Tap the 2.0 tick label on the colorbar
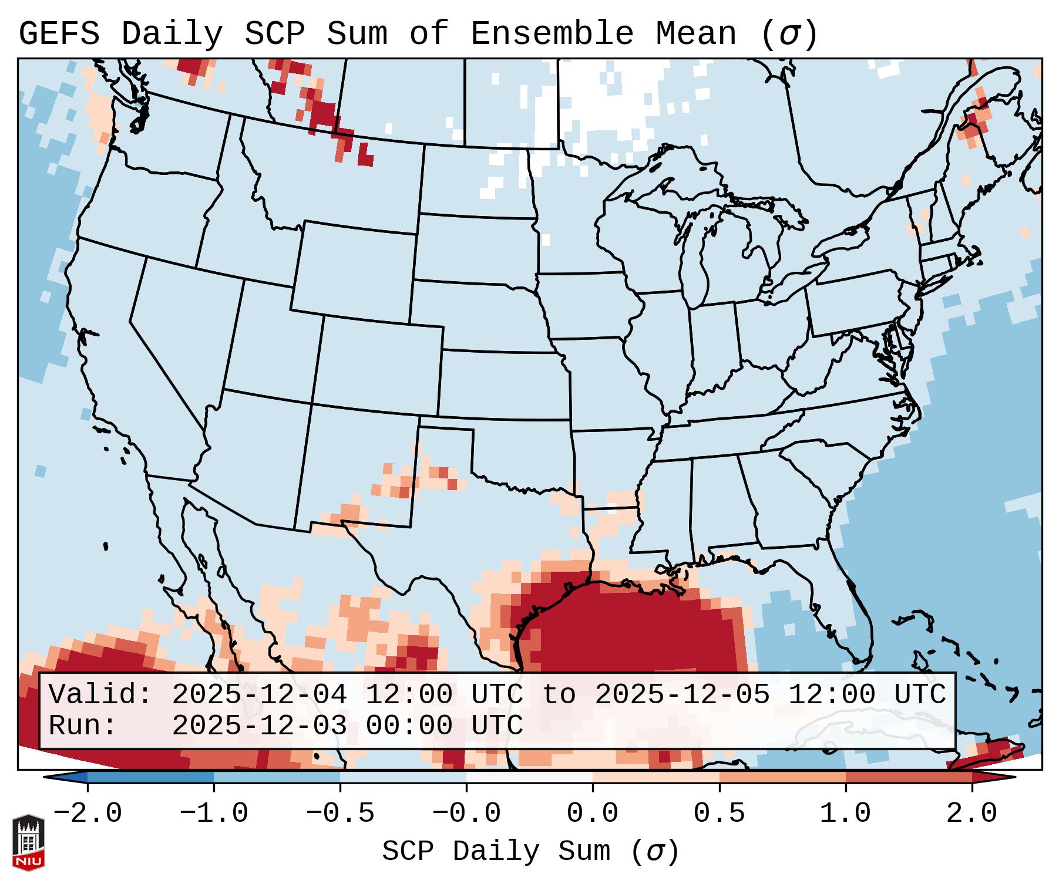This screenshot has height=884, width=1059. click(x=971, y=814)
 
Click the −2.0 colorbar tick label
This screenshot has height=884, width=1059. click(x=88, y=814)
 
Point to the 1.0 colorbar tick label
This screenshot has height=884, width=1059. click(x=845, y=814)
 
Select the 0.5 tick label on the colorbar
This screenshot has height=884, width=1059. click(x=719, y=814)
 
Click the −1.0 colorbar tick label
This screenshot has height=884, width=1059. click(x=214, y=814)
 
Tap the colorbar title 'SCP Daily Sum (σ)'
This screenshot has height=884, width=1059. click(x=530, y=852)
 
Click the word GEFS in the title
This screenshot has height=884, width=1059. click(x=59, y=34)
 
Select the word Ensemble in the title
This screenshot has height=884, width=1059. click(x=552, y=34)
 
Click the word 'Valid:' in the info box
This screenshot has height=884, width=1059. click(x=100, y=694)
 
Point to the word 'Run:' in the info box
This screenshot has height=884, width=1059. click(x=83, y=726)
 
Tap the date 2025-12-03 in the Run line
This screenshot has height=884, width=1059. click(x=259, y=726)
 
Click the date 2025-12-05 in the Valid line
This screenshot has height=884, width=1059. click(x=682, y=694)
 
